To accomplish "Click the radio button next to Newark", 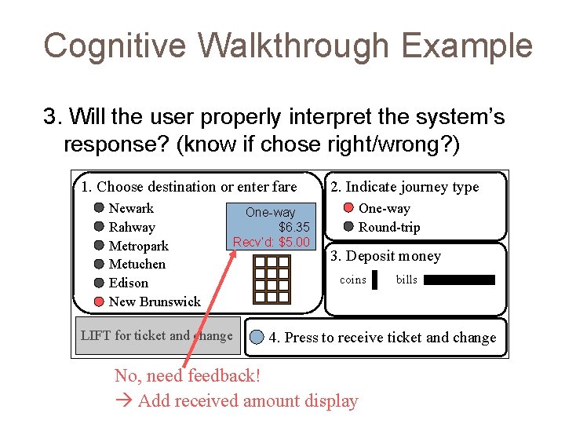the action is (99, 208).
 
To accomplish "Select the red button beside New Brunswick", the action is (99, 302).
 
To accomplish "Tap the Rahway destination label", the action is (132, 227).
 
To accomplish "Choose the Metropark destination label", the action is (138, 246).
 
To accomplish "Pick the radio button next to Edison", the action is (99, 283).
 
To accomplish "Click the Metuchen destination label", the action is (137, 264).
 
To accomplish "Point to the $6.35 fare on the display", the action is (294, 227).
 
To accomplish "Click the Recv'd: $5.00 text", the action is (272, 242).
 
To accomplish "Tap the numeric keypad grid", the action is (271, 279).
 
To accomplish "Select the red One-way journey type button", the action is (349, 208).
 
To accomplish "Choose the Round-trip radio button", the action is (349, 227).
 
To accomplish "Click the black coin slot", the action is (375, 280).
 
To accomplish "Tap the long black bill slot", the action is (460, 280).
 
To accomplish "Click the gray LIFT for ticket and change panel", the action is (156, 336).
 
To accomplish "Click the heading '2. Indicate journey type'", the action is (404, 186).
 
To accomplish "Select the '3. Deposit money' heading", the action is (385, 256).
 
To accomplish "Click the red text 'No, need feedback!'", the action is (187, 375).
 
